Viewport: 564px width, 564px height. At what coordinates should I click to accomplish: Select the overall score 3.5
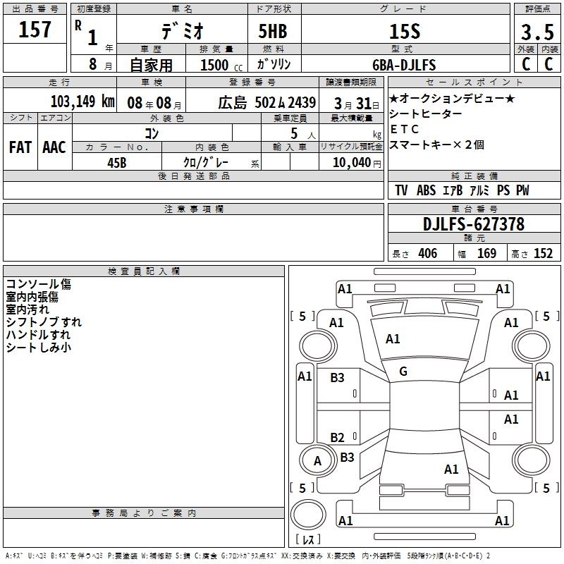pos(537,31)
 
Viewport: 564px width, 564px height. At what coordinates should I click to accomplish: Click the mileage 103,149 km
pos(82,101)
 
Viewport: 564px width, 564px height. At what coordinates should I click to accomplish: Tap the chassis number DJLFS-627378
pos(474,225)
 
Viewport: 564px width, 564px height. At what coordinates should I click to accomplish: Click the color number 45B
pos(116,161)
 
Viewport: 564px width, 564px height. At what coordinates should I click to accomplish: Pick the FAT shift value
pos(20,147)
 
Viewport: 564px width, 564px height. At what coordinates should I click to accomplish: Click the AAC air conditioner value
pos(54,147)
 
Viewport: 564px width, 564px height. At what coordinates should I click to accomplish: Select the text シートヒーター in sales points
pos(426,114)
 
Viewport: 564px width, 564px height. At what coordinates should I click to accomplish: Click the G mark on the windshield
pos(403,372)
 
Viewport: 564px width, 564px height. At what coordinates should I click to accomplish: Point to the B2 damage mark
pos(338,437)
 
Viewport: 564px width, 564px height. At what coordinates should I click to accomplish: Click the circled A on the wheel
pos(317,461)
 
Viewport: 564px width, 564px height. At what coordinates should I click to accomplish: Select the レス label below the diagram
pos(308,539)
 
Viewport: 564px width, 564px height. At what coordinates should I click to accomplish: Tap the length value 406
pos(427,253)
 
